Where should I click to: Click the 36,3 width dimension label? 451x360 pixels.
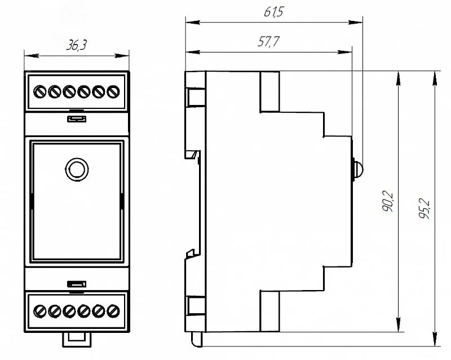pos(76,45)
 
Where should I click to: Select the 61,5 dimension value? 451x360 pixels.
pos(274,11)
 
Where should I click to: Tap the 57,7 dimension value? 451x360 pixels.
pos(268,41)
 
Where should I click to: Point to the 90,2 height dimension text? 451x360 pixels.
pos(388,201)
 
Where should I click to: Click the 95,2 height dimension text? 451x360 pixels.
pos(424,209)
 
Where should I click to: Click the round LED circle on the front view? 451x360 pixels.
pos(77,169)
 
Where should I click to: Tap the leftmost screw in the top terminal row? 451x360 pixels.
pos(39,92)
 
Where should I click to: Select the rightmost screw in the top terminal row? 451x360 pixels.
pos(113,92)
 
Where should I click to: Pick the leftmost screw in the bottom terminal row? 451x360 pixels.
pos(39,311)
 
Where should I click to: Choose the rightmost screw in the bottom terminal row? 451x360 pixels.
pos(113,311)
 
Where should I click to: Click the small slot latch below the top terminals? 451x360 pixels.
pos(77,118)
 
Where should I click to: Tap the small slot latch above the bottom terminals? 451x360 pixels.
pos(77,284)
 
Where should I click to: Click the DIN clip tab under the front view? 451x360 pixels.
pos(77,340)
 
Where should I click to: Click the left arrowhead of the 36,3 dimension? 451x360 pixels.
pos(32,56)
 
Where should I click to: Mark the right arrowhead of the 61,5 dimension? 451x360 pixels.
pos(356,22)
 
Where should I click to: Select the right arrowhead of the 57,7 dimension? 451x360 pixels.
pos(344,52)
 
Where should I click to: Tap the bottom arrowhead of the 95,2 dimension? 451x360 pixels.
pos(435,339)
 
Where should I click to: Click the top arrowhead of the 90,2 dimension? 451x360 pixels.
pos(399,78)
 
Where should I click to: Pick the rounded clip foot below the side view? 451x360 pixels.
pos(197,340)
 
